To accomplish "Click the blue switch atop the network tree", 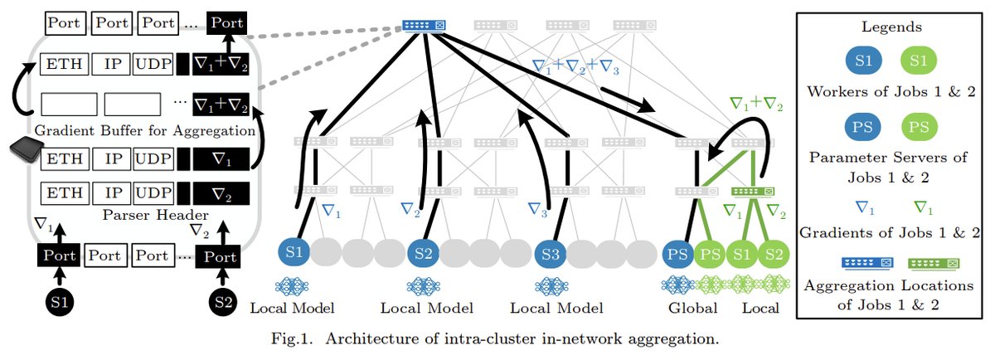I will click(x=425, y=24).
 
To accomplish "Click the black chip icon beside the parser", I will click(x=25, y=153).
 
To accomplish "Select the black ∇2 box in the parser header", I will click(x=219, y=195).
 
